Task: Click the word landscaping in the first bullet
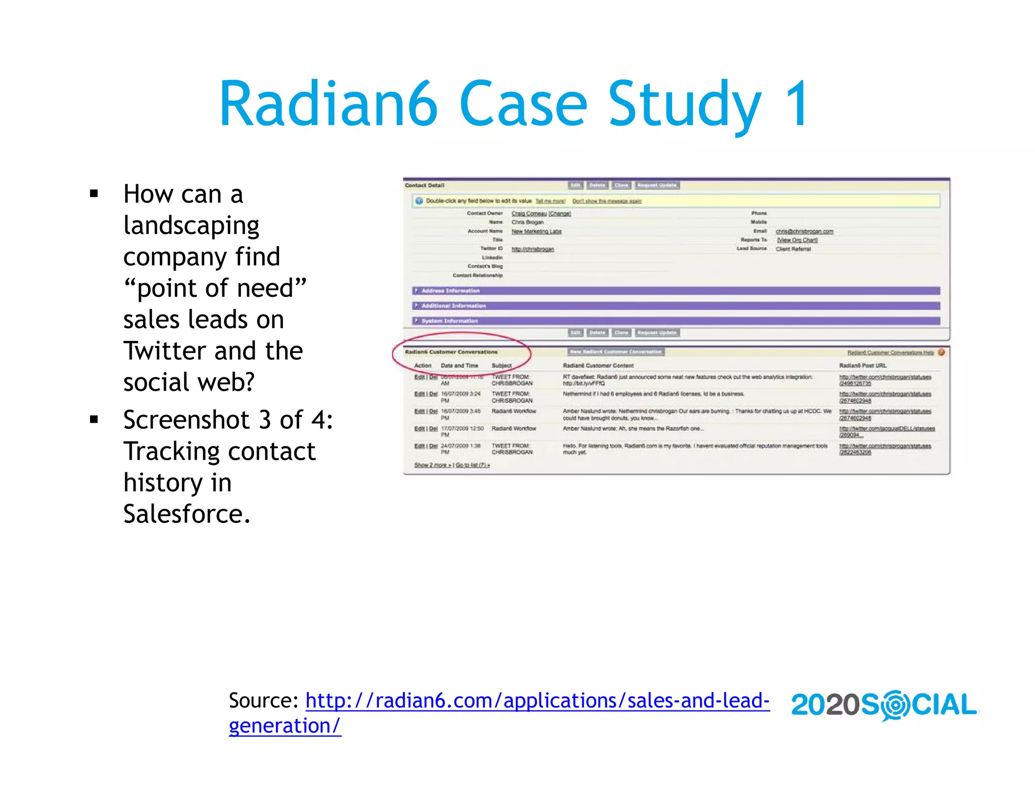click(191, 226)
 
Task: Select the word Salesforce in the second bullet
click(186, 514)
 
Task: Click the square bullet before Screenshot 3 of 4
click(93, 420)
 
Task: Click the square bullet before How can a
click(93, 194)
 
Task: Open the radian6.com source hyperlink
click(537, 701)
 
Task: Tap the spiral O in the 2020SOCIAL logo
click(895, 705)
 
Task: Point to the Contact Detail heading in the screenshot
click(425, 186)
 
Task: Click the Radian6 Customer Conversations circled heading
click(451, 352)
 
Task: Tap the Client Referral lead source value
click(793, 249)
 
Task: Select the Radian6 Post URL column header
click(863, 366)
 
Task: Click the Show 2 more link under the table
click(432, 465)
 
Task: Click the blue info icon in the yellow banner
click(419, 201)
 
